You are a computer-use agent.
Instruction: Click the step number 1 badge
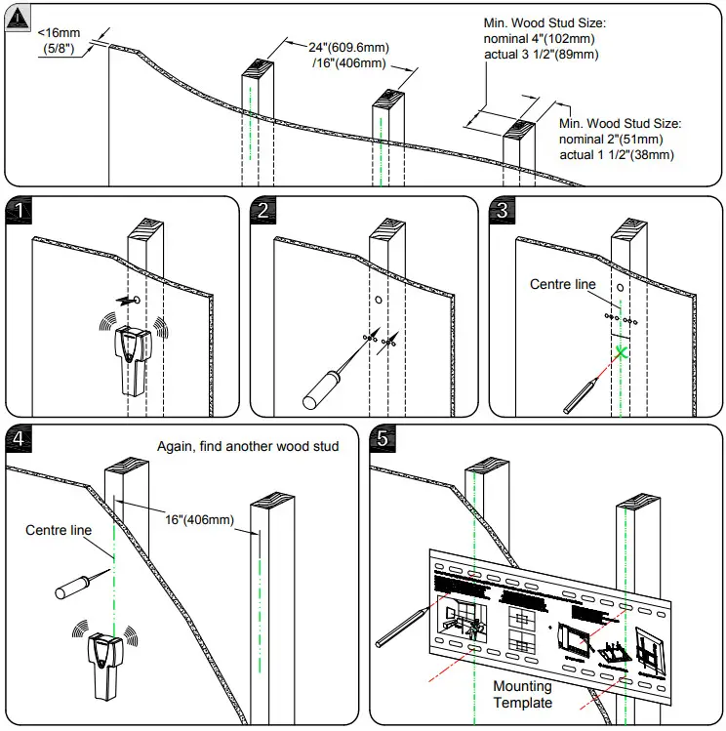point(19,210)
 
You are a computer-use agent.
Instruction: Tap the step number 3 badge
point(502,210)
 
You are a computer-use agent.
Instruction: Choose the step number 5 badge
point(383,439)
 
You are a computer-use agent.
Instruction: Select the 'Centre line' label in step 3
point(561,284)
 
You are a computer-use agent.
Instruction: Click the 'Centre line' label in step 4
point(59,530)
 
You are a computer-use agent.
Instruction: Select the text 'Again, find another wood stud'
point(248,446)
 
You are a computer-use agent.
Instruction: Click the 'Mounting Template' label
point(522,694)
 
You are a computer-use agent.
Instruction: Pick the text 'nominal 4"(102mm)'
point(540,39)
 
